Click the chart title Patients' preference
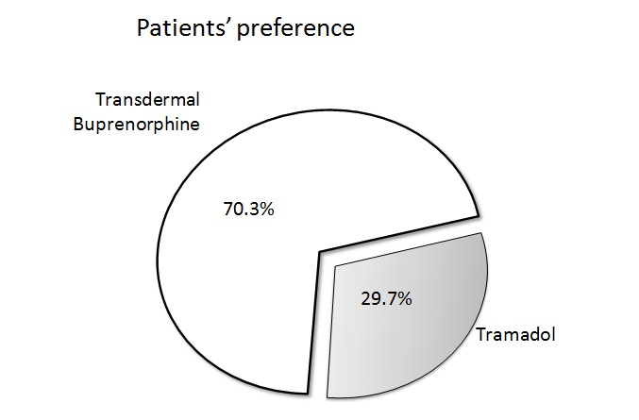click(245, 28)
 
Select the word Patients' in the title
click(184, 27)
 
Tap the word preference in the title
click(295, 29)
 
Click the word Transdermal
click(147, 99)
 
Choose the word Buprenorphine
click(137, 124)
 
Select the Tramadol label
click(516, 334)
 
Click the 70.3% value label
click(248, 209)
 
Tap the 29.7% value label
click(386, 298)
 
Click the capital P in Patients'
click(143, 28)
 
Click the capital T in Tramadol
click(481, 335)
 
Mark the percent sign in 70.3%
click(267, 209)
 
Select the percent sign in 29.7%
click(405, 298)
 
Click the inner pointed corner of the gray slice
click(335, 267)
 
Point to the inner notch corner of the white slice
click(320, 252)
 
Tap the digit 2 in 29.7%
click(365, 298)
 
